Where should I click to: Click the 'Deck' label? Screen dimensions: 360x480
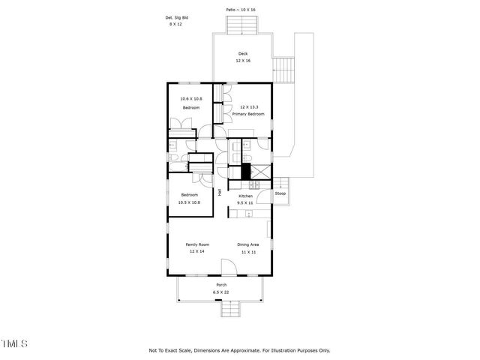(242, 53)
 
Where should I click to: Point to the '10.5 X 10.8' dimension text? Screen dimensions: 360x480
(189, 202)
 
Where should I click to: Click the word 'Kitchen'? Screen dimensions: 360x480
(245, 195)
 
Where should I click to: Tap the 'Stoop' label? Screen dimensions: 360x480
(280, 193)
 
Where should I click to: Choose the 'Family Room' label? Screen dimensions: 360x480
(197, 244)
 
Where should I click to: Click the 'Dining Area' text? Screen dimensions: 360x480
(248, 244)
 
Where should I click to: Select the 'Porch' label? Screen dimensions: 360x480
(221, 285)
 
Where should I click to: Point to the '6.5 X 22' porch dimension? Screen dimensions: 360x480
(221, 292)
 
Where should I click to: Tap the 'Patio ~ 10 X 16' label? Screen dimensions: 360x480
(241, 10)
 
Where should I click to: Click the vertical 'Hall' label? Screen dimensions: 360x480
(220, 192)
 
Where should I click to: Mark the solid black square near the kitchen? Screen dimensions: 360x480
(244, 171)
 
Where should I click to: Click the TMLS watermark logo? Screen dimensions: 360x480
(14, 343)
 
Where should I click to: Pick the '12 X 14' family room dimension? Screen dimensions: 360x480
(197, 252)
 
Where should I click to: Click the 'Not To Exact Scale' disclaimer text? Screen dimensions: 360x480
(239, 350)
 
